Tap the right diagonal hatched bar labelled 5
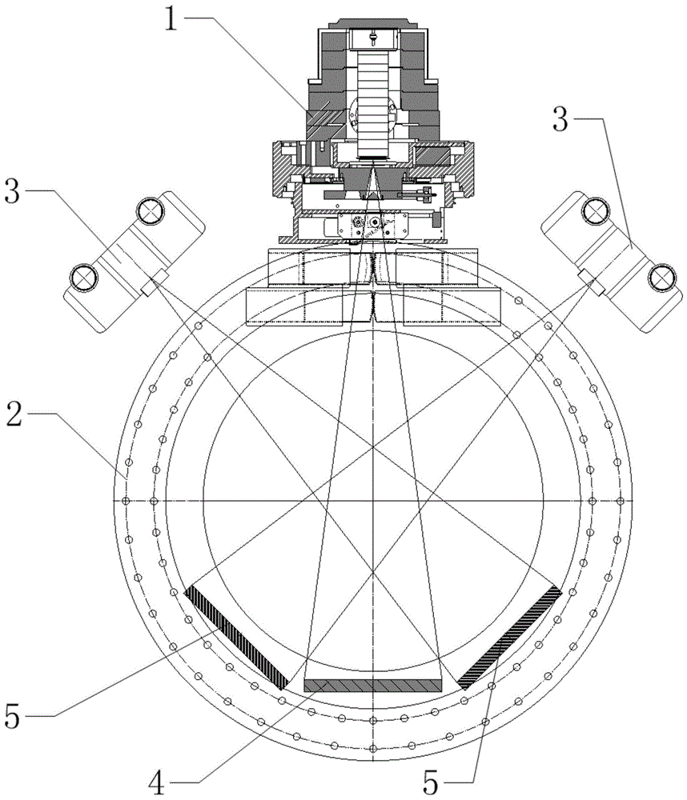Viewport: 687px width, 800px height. pos(509,637)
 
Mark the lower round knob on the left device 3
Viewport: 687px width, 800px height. pos(82,277)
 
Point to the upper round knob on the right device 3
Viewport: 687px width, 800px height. pos(595,211)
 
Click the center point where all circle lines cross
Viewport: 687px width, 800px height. pos(372,500)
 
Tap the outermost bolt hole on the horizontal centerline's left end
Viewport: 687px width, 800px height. pos(126,501)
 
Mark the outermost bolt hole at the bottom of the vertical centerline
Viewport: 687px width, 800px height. pos(372,747)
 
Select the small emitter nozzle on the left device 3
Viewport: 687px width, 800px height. pos(151,282)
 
